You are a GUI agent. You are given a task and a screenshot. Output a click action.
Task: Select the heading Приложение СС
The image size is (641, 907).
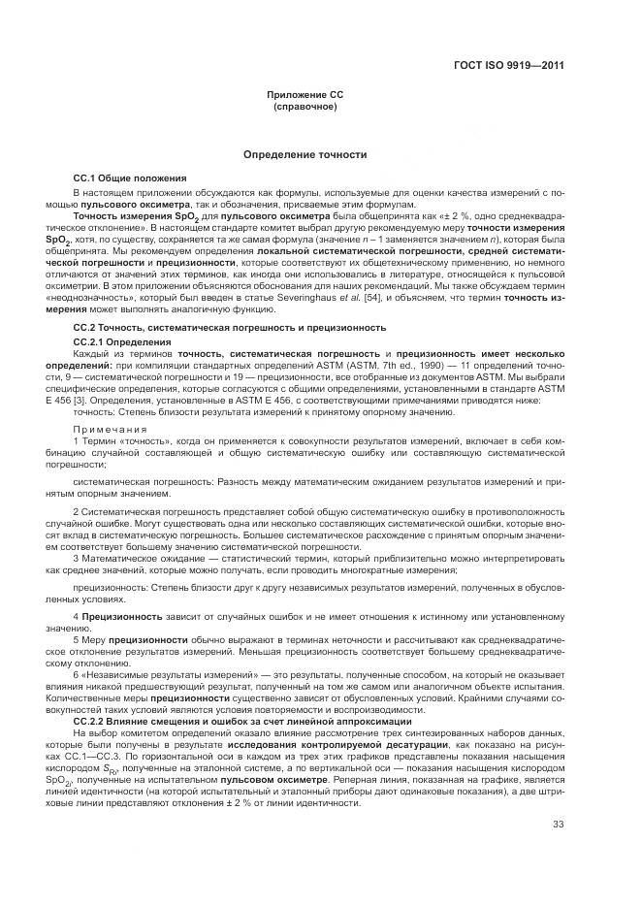[x=305, y=95]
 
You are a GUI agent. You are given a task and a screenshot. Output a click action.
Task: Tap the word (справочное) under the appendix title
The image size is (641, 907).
[x=305, y=106]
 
